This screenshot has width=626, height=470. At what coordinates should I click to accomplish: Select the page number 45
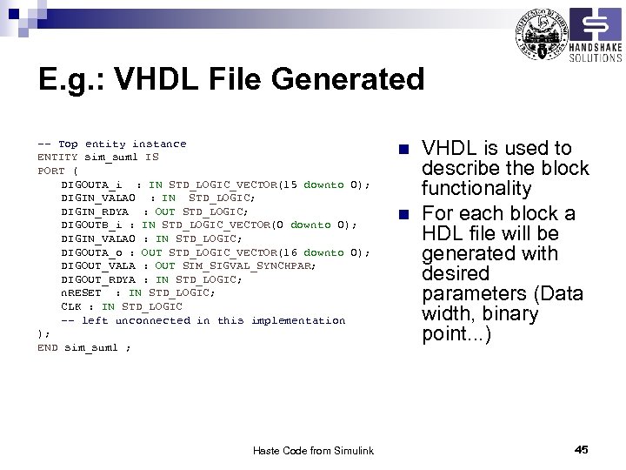click(582, 449)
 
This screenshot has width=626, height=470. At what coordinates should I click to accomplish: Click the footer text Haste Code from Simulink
click(313, 450)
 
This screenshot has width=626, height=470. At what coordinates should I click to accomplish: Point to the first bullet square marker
click(401, 149)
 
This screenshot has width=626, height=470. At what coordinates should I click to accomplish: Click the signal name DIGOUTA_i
click(90, 185)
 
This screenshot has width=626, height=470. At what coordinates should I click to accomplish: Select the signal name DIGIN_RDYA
click(94, 211)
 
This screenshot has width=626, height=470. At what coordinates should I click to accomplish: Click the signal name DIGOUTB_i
click(90, 225)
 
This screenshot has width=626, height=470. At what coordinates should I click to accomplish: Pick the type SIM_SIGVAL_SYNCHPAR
click(249, 265)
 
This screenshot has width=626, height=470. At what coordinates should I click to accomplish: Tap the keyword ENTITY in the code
click(57, 158)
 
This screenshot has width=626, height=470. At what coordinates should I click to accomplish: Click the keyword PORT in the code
click(50, 171)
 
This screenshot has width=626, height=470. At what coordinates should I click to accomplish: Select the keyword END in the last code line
click(47, 347)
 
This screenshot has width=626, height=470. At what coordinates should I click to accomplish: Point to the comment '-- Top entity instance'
click(111, 144)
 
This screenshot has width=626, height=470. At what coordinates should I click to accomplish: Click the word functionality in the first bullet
click(476, 189)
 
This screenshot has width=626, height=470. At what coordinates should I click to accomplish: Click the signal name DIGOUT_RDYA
click(97, 279)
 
